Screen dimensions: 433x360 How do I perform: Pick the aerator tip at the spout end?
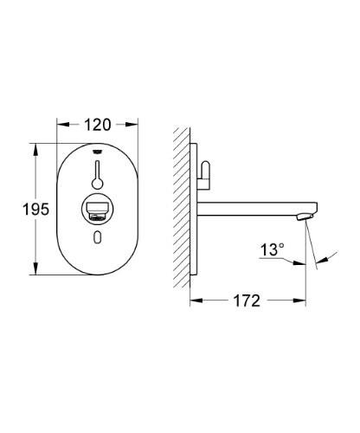click(x=305, y=215)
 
